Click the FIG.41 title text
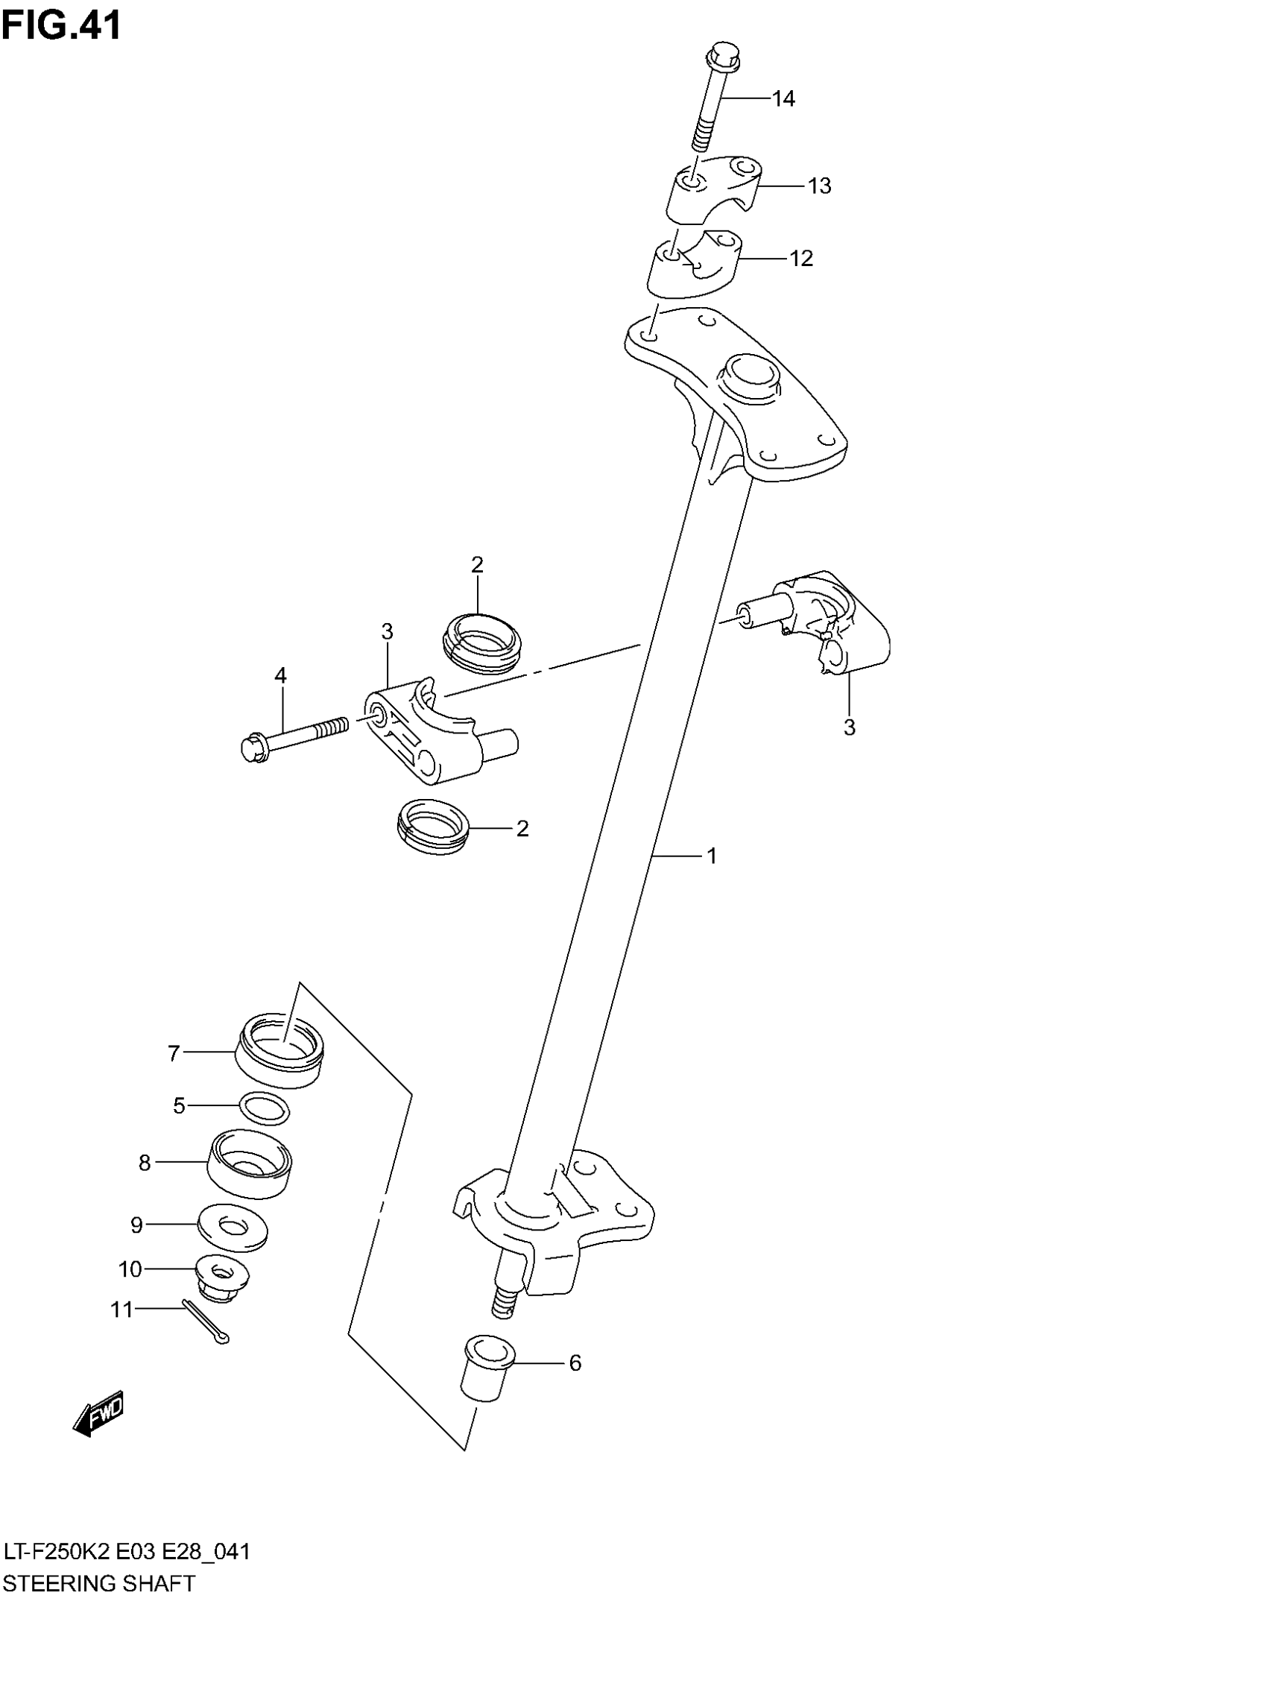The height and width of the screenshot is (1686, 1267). (x=61, y=26)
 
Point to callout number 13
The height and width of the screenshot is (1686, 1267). (x=819, y=186)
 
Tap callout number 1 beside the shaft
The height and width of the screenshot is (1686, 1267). (x=712, y=856)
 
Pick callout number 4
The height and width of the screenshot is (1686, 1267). (x=280, y=675)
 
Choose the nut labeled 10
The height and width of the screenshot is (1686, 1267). (x=221, y=1278)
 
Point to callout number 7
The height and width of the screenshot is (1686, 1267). (x=174, y=1053)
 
